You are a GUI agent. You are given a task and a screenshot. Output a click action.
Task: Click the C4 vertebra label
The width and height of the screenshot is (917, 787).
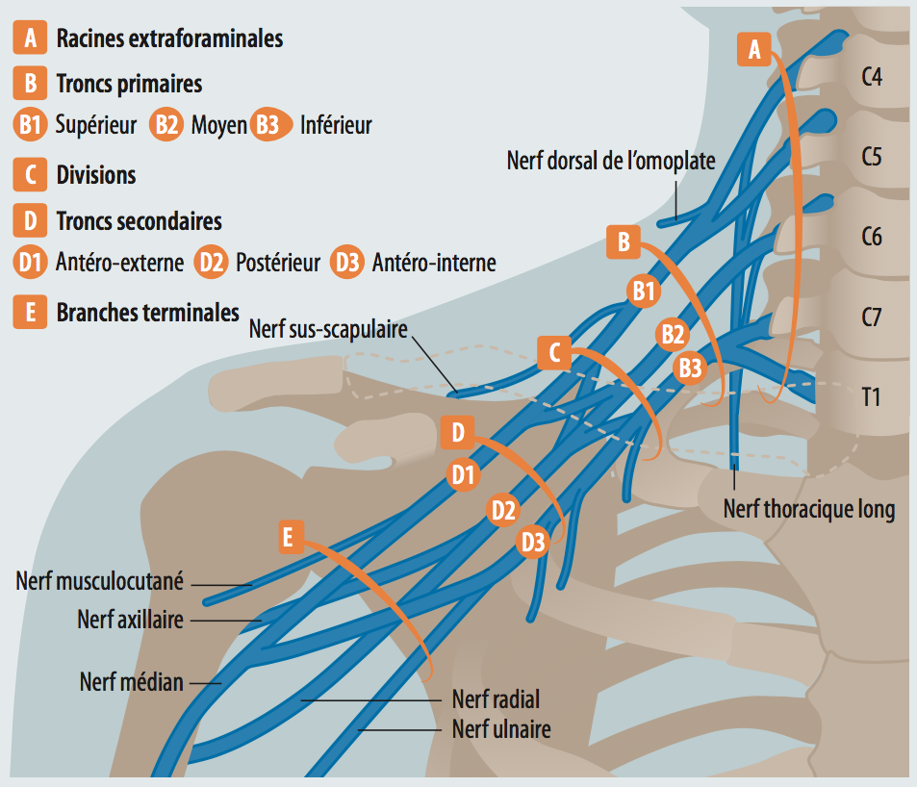pyautogui.click(x=872, y=75)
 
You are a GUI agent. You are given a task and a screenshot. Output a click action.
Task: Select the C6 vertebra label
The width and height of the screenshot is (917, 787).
pyautogui.click(x=872, y=236)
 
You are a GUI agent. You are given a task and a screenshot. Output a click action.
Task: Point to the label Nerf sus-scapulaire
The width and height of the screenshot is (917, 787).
pyautogui.click(x=327, y=329)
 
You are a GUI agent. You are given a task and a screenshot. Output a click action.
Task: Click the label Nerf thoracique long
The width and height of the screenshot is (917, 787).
pyautogui.click(x=809, y=509)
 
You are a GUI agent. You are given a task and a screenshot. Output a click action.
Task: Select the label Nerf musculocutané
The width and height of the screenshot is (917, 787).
pyautogui.click(x=99, y=581)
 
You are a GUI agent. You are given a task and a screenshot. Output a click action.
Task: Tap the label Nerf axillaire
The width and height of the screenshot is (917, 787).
pyautogui.click(x=130, y=620)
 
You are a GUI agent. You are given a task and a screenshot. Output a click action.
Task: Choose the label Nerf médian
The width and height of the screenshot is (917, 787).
pyautogui.click(x=131, y=682)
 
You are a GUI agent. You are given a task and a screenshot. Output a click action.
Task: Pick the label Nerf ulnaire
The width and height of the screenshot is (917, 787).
pyautogui.click(x=501, y=729)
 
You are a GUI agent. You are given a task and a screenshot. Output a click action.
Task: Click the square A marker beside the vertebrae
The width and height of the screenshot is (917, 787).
pyautogui.click(x=754, y=48)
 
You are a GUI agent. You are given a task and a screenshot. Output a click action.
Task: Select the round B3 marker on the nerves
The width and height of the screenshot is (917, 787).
pyautogui.click(x=690, y=367)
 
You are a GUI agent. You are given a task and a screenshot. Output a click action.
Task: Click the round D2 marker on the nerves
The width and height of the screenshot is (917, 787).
pyautogui.click(x=503, y=510)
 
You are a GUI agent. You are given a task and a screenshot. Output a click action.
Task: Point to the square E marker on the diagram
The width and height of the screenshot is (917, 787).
pyautogui.click(x=288, y=537)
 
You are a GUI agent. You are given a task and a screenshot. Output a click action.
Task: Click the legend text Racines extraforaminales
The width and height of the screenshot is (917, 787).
pyautogui.click(x=169, y=38)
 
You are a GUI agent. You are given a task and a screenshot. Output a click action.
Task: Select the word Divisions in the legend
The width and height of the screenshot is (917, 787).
pyautogui.click(x=95, y=176)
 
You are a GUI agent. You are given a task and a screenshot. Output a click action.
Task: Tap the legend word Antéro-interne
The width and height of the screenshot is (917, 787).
pyautogui.click(x=433, y=262)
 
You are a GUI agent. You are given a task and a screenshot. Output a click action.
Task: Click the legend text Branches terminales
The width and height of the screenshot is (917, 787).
pyautogui.click(x=147, y=313)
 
